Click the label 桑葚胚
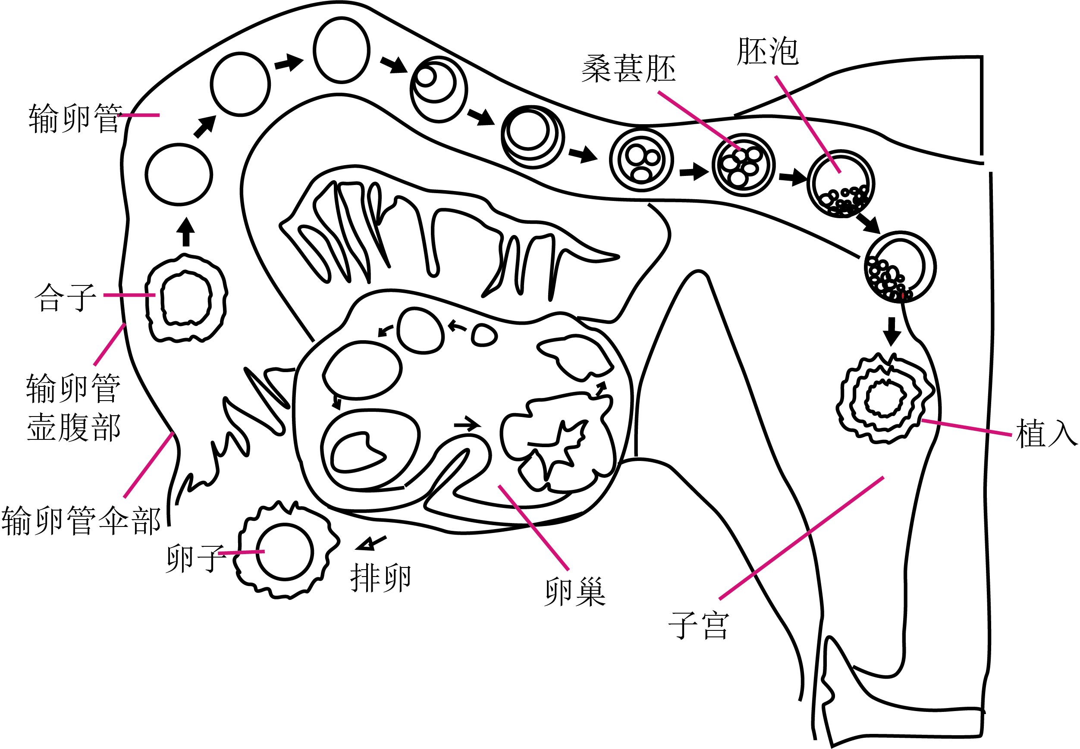coord(628,69)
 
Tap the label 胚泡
coord(767,51)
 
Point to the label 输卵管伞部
coord(81,520)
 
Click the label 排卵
coord(381,578)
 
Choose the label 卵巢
coord(575,591)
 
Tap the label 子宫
coord(698,625)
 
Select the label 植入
coord(1046,433)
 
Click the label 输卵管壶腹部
coord(74,407)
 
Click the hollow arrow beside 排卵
coord(371,543)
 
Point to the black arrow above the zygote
coord(186,232)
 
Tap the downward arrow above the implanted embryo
coord(892,332)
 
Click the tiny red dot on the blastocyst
coord(903,296)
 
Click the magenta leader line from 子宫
coord(801,538)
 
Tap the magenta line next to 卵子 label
coord(241,553)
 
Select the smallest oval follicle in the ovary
coord(484,335)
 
